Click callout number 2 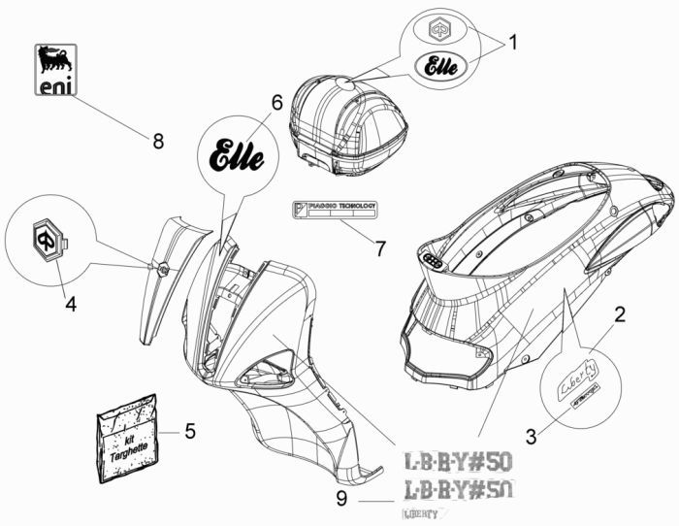(x=619, y=314)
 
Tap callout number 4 (x=70, y=304)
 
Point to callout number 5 (x=190, y=430)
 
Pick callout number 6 (x=276, y=102)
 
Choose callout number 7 (x=380, y=248)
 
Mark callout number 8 (x=157, y=141)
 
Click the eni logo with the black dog (x=56, y=70)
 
